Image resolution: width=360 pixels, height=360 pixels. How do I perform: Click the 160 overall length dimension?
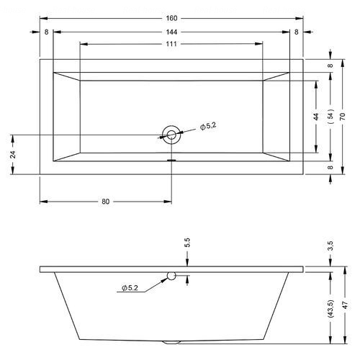[171, 18]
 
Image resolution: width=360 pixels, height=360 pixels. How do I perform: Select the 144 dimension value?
[171, 32]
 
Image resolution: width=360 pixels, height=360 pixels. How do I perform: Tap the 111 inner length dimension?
[171, 44]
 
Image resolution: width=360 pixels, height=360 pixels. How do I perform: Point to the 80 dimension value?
[106, 202]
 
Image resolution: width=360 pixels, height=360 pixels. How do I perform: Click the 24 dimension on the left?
[14, 154]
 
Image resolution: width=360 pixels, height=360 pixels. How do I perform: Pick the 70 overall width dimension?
[343, 117]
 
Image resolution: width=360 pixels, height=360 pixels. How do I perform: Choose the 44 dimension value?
[316, 117]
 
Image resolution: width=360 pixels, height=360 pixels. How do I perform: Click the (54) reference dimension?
[330, 117]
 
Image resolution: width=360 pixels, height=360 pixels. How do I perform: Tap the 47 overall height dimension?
[345, 305]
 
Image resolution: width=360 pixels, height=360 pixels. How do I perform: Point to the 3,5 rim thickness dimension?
[330, 246]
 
